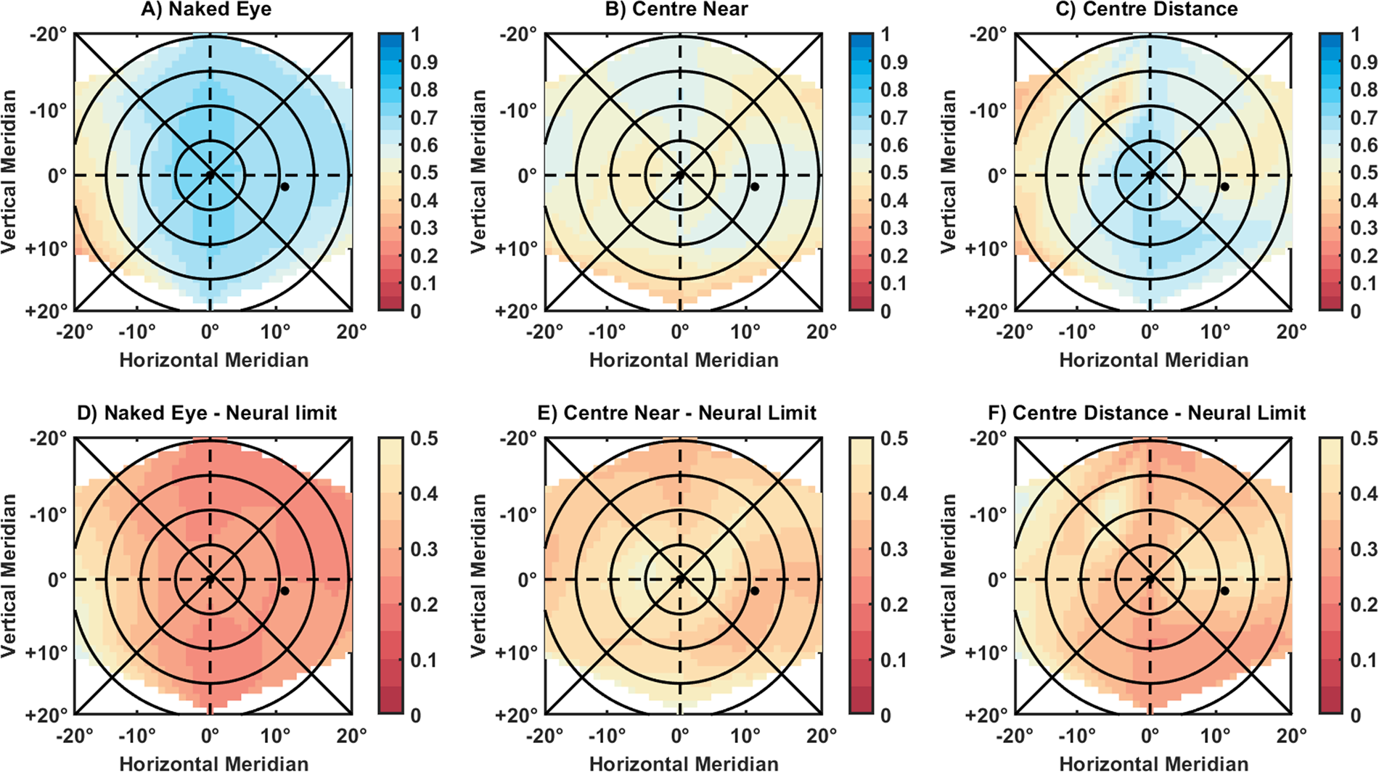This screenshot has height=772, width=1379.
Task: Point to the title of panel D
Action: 207,413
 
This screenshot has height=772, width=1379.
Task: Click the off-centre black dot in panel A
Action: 285,186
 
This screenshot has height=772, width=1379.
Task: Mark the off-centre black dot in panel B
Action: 755,186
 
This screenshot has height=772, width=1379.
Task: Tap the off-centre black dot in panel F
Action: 1225,591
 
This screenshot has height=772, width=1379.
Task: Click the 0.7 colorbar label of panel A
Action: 424,118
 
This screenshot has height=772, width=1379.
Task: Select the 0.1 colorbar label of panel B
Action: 894,284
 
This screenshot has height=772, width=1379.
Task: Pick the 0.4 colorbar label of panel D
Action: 424,494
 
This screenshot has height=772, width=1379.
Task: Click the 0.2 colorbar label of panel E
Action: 894,604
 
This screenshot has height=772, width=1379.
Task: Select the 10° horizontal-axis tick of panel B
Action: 745,332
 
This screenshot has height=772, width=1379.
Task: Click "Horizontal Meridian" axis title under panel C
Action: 1154,360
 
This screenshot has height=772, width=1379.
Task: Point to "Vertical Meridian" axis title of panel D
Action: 9,576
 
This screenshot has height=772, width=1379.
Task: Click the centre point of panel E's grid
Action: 680,579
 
